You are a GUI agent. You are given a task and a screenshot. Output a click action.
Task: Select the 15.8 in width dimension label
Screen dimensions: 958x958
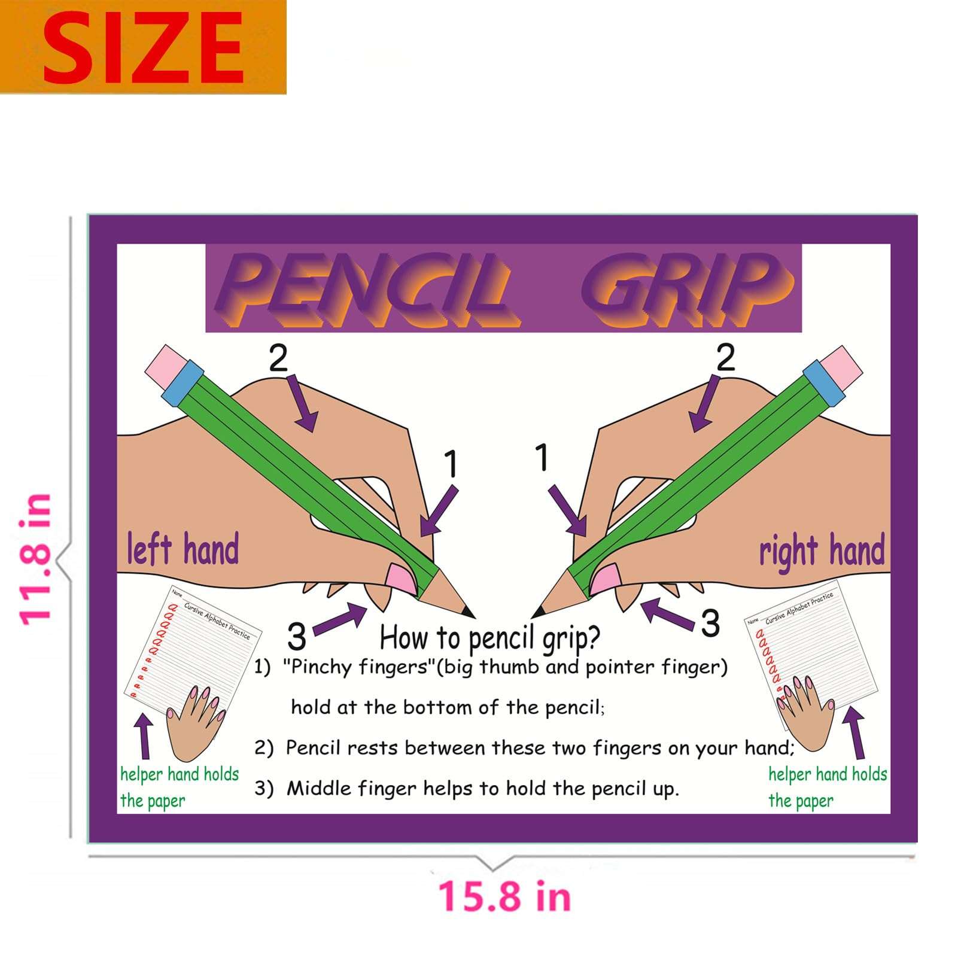tap(504, 896)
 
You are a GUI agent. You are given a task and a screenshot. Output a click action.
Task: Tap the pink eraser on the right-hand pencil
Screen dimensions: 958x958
tap(840, 366)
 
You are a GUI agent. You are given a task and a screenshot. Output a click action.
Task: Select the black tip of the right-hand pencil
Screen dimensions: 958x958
tap(538, 612)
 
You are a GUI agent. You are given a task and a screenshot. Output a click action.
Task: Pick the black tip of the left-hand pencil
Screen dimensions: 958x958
tap(468, 612)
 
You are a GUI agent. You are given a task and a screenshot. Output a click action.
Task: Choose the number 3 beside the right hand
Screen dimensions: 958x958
tap(710, 623)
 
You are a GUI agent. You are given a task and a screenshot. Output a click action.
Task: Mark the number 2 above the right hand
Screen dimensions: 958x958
tap(725, 358)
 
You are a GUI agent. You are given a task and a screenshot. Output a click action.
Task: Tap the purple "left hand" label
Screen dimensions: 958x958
tap(183, 549)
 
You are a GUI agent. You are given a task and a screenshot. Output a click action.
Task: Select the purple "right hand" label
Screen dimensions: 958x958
tap(822, 551)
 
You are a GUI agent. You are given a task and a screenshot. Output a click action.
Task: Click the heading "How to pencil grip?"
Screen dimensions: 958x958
tap(489, 638)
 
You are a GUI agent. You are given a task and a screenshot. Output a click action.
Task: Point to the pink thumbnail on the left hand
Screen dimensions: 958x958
tap(399, 577)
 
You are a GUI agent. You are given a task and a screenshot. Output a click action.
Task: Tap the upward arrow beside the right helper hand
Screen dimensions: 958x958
tap(855, 732)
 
